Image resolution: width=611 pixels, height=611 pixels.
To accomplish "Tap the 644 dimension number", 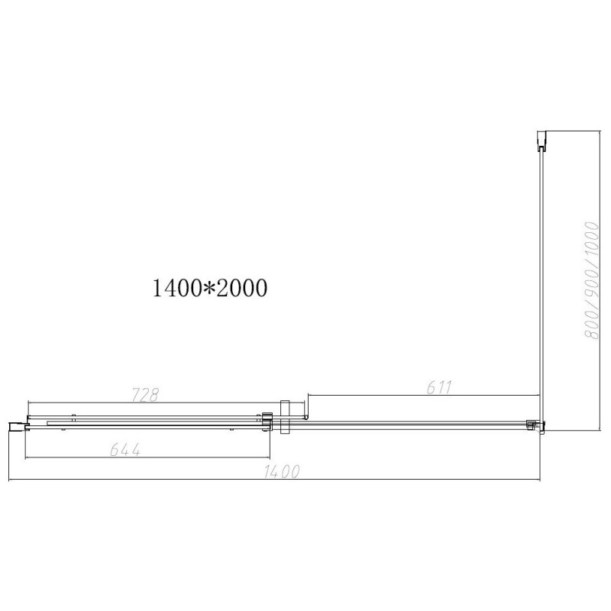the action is (125, 450).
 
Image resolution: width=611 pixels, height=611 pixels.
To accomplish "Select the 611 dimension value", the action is (439, 388).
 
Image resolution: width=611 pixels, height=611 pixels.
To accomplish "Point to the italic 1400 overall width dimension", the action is (283, 472).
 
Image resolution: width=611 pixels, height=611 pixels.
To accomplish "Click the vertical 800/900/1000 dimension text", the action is (592, 280).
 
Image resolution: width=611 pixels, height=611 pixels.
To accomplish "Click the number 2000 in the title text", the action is (241, 288).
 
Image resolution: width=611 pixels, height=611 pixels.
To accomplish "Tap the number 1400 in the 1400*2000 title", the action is (178, 288).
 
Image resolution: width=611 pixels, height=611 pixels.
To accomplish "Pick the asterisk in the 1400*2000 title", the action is (210, 289).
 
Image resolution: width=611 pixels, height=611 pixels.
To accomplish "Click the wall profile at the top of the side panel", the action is (541, 141).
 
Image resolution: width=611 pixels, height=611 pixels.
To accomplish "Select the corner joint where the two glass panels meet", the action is (536, 425).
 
